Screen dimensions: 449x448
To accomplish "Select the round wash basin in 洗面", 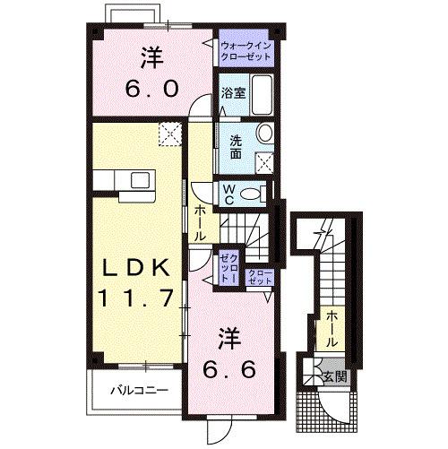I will (x=264, y=134).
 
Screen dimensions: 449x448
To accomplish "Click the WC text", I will (x=229, y=193).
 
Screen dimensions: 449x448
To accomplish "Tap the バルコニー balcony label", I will (x=138, y=390).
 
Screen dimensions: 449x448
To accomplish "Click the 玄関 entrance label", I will (x=336, y=375).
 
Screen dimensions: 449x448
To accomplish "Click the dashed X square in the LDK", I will (x=168, y=134).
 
